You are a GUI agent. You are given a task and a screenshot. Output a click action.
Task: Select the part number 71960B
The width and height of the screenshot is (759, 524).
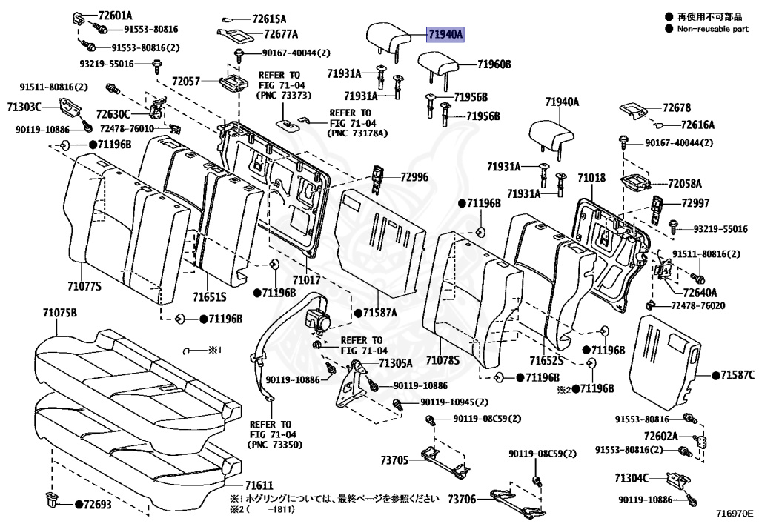pyautogui.click(x=494, y=64)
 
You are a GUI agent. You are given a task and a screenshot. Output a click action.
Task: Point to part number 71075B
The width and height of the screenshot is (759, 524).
pyautogui.click(x=59, y=313)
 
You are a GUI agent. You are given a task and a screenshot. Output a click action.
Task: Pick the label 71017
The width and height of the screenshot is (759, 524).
pyautogui.click(x=305, y=280)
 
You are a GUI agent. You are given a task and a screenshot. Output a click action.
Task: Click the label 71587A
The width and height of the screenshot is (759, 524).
pyautogui.click(x=380, y=313)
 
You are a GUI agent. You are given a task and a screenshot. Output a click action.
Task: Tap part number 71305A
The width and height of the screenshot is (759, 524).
pyautogui.click(x=395, y=363)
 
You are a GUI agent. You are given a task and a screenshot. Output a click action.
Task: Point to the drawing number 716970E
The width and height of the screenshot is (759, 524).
pyautogui.click(x=734, y=513)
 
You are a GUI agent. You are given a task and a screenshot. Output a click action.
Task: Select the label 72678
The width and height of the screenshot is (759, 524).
pyautogui.click(x=677, y=107)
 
